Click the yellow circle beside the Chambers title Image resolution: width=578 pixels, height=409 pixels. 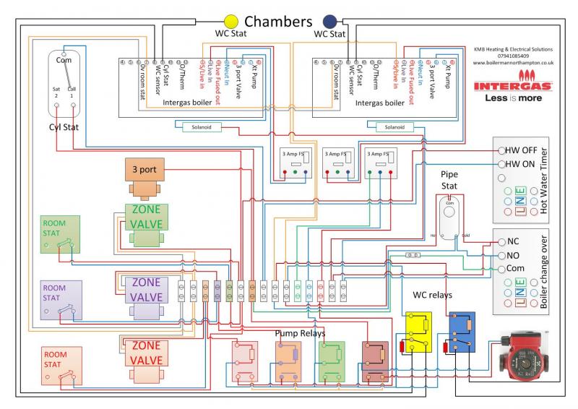point(231,21)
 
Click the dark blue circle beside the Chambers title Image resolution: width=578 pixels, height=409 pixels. point(330,21)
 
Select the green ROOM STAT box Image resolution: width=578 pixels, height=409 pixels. point(59,234)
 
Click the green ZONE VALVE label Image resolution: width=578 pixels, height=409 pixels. point(147,216)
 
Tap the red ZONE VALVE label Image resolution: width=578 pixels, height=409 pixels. point(147,353)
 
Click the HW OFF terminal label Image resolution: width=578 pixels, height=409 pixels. point(522,150)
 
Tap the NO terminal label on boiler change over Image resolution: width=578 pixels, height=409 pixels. point(513,255)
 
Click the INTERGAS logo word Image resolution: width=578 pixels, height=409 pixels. point(513,85)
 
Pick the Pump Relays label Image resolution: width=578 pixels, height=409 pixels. point(299,333)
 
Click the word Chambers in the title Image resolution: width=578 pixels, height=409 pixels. point(278,21)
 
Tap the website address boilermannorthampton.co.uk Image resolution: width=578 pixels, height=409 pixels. point(513,63)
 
